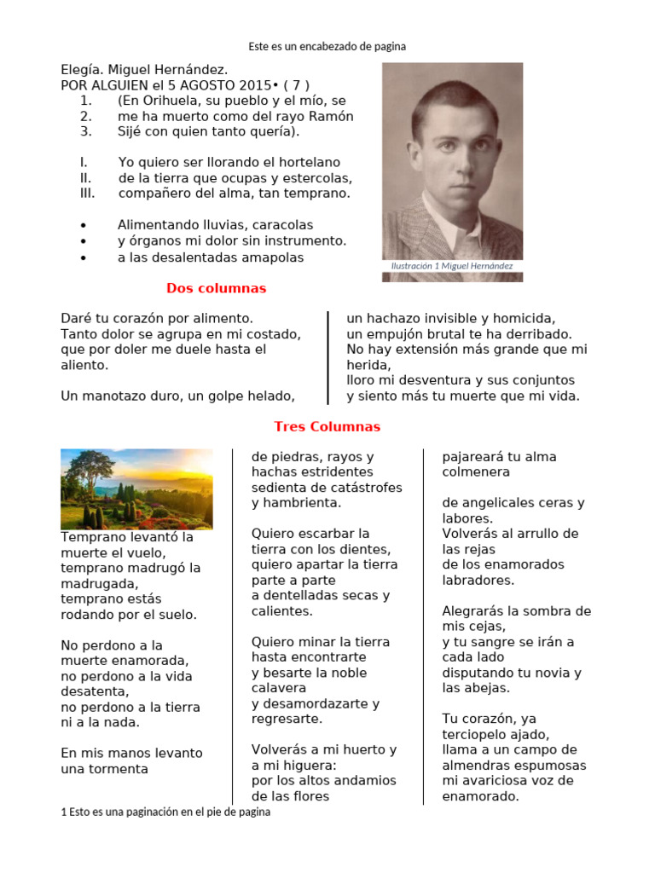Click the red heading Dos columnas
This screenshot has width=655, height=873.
click(x=216, y=288)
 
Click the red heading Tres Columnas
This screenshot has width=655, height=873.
click(x=327, y=426)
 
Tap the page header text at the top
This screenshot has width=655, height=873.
click(x=327, y=46)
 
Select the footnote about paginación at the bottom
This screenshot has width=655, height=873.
click(x=166, y=812)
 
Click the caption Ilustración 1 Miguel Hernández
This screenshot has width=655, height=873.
click(x=451, y=266)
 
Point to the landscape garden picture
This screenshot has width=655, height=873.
click(x=136, y=489)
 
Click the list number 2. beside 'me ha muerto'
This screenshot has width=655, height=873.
click(x=86, y=116)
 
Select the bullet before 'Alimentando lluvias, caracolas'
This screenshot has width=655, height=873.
click(x=83, y=226)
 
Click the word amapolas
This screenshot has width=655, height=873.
click(x=267, y=257)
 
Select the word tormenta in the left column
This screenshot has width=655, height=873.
click(x=117, y=769)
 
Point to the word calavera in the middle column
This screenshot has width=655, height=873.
click(x=278, y=688)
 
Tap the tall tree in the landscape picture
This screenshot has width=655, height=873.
click(x=89, y=473)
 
